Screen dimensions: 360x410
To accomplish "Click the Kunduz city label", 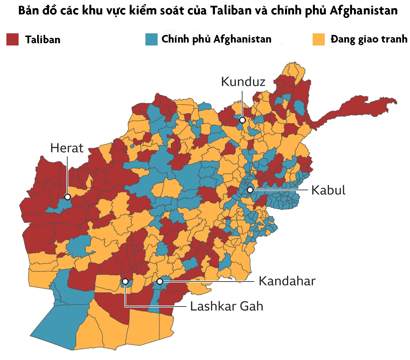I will [x=243, y=82].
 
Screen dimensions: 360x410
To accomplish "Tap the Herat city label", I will [x=67, y=148].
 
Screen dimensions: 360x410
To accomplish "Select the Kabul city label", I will [x=328, y=190].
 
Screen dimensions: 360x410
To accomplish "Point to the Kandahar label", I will [x=287, y=281].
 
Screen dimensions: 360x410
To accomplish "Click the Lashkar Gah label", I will [x=226, y=307].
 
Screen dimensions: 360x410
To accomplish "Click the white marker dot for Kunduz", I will [x=242, y=120].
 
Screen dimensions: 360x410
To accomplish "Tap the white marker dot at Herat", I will [x=67, y=197].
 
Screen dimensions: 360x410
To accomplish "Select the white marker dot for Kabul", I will [x=250, y=190].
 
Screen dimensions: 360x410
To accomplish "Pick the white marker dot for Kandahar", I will [x=160, y=282].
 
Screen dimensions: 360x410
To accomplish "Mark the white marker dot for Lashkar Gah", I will [x=125, y=282].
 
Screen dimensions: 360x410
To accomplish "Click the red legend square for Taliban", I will [x=12, y=39].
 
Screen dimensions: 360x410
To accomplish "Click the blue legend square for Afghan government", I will [x=151, y=39].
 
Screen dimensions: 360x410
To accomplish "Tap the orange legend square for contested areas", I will [x=318, y=39].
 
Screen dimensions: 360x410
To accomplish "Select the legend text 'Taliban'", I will [x=43, y=40].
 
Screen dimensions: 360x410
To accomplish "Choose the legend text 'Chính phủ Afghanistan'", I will [x=216, y=39].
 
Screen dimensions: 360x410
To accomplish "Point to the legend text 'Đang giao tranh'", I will [x=369, y=39].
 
